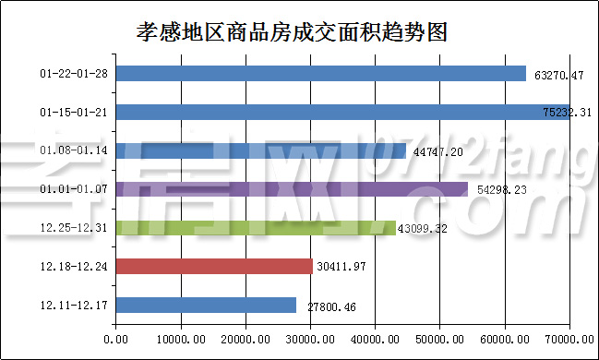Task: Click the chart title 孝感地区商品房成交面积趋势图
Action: pos(292,32)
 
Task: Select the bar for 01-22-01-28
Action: pos(320,73)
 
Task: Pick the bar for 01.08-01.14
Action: pos(260,150)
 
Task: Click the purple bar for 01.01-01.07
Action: pos(292,189)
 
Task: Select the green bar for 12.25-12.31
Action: pos(256,228)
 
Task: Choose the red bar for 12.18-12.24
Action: pos(214,267)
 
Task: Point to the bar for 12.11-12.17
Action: pos(206,306)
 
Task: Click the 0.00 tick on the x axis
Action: pos(116,340)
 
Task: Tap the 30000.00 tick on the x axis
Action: pos(310,340)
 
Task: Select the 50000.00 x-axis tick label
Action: pos(439,340)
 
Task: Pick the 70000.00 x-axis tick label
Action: pos(569,340)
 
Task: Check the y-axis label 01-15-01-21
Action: pos(75,112)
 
